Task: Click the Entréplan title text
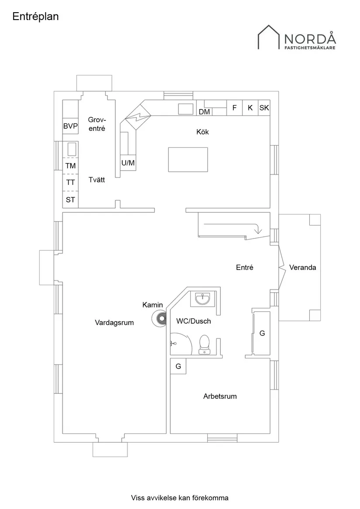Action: pyautogui.click(x=35, y=17)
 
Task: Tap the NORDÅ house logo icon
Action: pyautogui.click(x=269, y=38)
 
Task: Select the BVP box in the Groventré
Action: pyautogui.click(x=70, y=126)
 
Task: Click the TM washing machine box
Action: pyautogui.click(x=70, y=166)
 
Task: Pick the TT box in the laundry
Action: pyautogui.click(x=70, y=182)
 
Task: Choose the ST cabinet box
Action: pyautogui.click(x=70, y=200)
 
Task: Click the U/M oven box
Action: pyautogui.click(x=128, y=163)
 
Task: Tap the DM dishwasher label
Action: pyautogui.click(x=204, y=112)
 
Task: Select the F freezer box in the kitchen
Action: pyautogui.click(x=234, y=108)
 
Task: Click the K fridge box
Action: pyautogui.click(x=250, y=108)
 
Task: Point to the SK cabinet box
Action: pyautogui.click(x=264, y=108)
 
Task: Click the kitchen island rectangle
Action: pyautogui.click(x=188, y=160)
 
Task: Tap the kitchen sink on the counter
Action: pyautogui.click(x=186, y=109)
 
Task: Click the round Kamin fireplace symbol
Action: pyautogui.click(x=159, y=319)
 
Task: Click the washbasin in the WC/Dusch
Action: pyautogui.click(x=202, y=299)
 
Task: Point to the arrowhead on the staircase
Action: pyautogui.click(x=257, y=230)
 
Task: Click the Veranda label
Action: pyautogui.click(x=302, y=267)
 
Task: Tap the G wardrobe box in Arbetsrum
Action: pyautogui.click(x=178, y=366)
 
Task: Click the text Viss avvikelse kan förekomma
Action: pyautogui.click(x=180, y=498)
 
